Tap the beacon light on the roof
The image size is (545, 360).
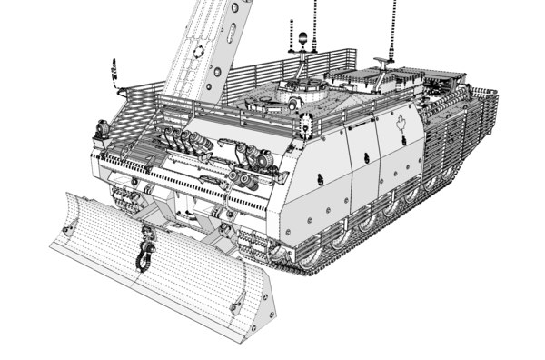(302, 40)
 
